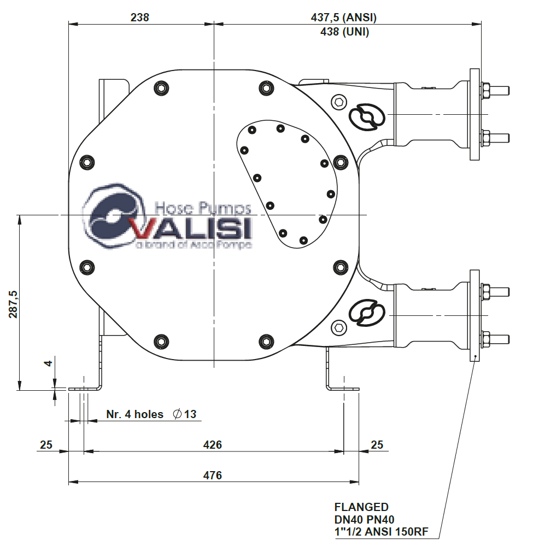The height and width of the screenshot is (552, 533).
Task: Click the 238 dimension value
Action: click(x=140, y=17)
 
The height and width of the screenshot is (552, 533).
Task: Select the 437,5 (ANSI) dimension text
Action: click(x=343, y=17)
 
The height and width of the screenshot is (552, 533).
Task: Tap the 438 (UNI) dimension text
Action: click(x=344, y=32)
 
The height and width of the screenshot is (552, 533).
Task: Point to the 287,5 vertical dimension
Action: click(x=13, y=303)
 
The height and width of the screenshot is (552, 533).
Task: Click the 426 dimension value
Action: click(x=212, y=445)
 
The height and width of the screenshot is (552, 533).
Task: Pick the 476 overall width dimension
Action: click(x=212, y=475)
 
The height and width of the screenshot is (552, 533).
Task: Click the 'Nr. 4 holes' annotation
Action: click(x=134, y=414)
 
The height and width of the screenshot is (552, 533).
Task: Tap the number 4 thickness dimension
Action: click(x=49, y=363)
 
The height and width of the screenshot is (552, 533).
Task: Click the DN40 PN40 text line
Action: click(x=364, y=519)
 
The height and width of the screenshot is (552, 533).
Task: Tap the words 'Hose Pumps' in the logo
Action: click(x=203, y=208)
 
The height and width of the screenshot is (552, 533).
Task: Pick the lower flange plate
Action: click(x=474, y=315)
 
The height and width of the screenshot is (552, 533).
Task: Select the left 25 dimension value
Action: click(x=46, y=445)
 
